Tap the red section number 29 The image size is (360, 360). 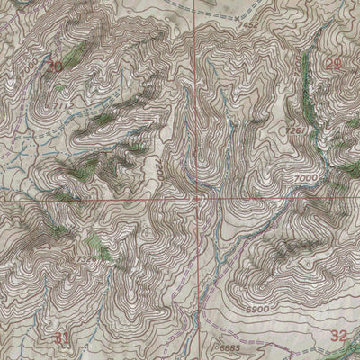[x=334, y=63]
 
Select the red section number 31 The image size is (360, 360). [x=61, y=338]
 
